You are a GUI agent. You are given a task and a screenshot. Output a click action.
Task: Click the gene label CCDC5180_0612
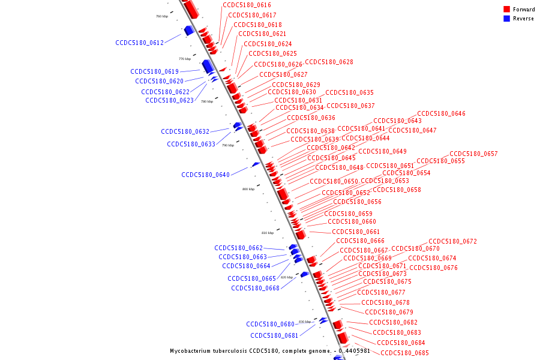[140, 43]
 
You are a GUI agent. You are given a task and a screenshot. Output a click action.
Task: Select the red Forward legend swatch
[506, 9]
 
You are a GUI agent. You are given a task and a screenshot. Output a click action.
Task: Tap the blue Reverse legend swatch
[506, 19]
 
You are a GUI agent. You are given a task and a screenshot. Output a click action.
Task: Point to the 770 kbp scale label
[184, 59]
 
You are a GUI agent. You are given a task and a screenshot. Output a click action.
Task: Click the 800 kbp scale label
[248, 189]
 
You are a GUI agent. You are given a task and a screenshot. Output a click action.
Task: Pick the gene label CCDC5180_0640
[206, 175]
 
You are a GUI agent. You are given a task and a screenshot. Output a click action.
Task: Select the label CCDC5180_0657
[473, 154]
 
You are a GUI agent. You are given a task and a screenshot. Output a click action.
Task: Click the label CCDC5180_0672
[452, 241]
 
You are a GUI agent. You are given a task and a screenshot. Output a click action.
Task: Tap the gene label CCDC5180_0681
[274, 335]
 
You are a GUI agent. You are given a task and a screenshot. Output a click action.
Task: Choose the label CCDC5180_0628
[329, 62]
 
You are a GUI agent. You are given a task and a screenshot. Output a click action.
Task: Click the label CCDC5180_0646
[441, 113]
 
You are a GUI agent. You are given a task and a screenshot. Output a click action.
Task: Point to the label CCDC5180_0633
[191, 144]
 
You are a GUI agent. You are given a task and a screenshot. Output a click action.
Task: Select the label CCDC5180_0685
[404, 353]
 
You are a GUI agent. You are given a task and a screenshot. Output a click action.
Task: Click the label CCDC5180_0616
[247, 5]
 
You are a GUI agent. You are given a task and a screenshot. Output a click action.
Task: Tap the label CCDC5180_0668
[255, 288]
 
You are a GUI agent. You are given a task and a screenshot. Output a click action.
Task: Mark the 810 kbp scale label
[267, 233]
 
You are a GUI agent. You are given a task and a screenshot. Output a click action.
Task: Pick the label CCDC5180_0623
[169, 100]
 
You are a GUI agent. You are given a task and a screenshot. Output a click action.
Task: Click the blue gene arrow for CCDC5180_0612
[188, 30]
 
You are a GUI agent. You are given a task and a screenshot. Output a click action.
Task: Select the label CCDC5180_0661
[356, 232]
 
